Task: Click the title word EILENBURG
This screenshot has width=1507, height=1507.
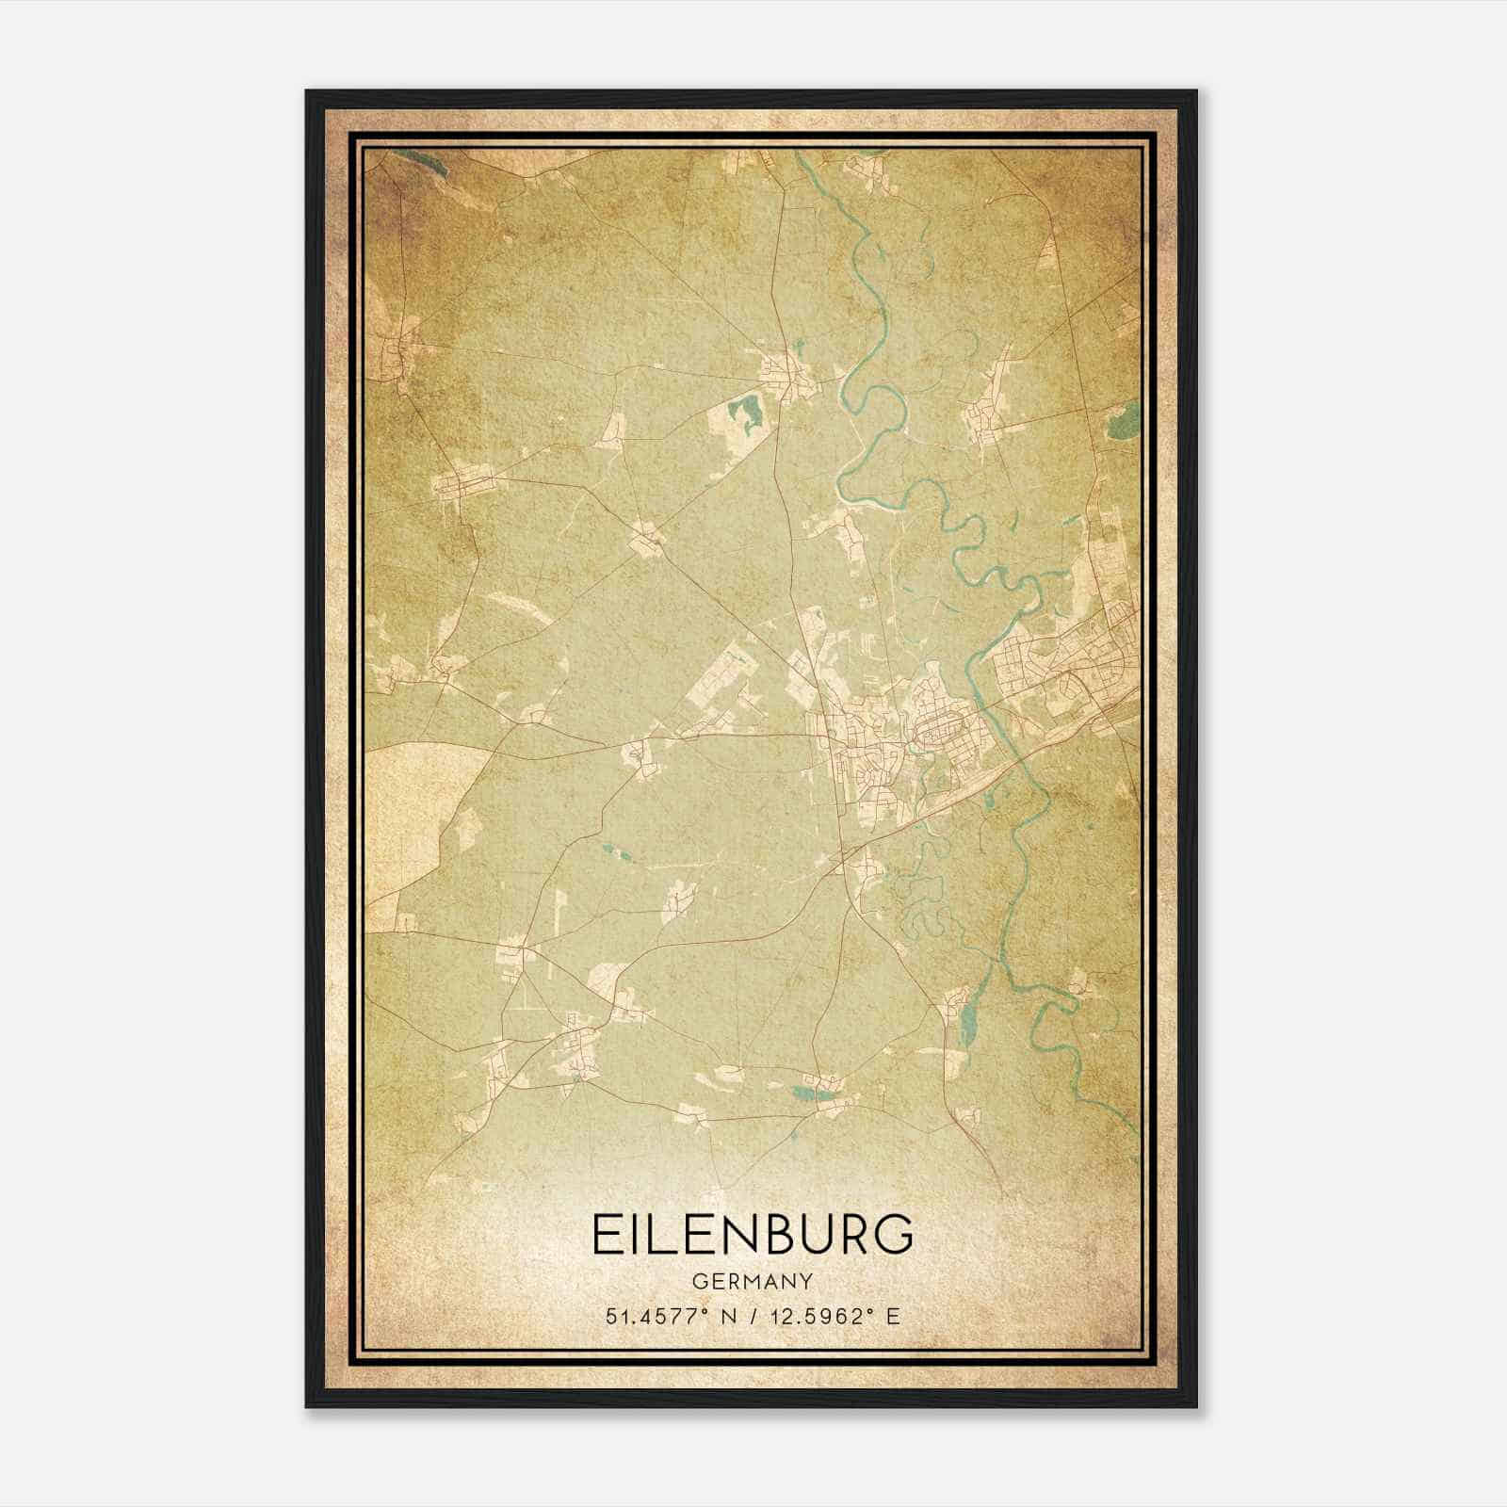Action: (x=753, y=1234)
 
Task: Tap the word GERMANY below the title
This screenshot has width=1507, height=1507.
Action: (x=753, y=1281)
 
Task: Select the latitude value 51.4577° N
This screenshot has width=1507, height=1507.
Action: (x=672, y=1316)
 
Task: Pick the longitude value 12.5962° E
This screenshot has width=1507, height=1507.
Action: (x=834, y=1316)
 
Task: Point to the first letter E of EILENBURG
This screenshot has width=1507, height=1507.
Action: (x=604, y=1234)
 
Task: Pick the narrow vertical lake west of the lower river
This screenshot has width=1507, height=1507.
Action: (x=968, y=1022)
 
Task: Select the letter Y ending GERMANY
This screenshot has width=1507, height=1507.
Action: (x=808, y=1281)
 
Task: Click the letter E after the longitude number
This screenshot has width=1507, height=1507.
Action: (x=894, y=1316)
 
